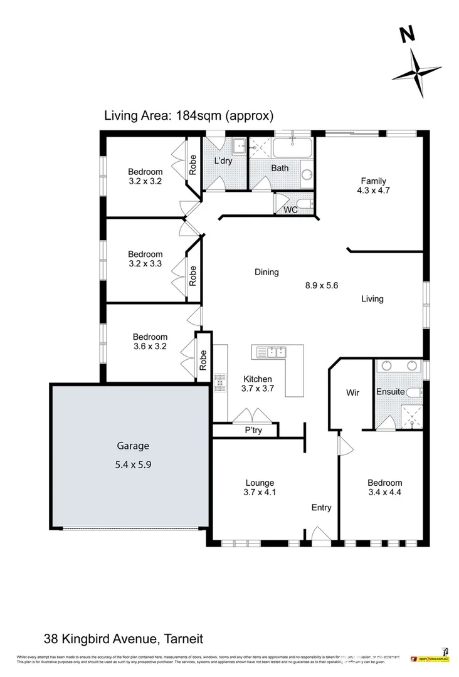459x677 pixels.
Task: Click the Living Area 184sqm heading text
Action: tap(189, 115)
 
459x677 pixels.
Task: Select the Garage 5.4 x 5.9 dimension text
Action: tap(133, 465)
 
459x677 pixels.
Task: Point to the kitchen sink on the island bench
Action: tap(270, 353)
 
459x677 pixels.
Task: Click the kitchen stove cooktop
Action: tap(219, 382)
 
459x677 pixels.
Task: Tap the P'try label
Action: tap(253, 431)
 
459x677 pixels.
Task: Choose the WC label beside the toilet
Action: tap(290, 210)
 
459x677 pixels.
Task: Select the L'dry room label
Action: tap(223, 161)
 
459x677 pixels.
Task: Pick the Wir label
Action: tap(352, 393)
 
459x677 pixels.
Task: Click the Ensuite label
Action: tap(390, 393)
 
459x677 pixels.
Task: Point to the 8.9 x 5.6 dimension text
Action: tap(322, 285)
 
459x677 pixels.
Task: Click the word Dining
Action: tap(266, 272)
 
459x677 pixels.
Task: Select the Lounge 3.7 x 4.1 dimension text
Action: tap(260, 492)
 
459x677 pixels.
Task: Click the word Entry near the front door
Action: tap(321, 508)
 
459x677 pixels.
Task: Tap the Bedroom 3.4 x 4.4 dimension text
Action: tap(384, 492)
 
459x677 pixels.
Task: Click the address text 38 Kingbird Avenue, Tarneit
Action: tap(124, 639)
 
